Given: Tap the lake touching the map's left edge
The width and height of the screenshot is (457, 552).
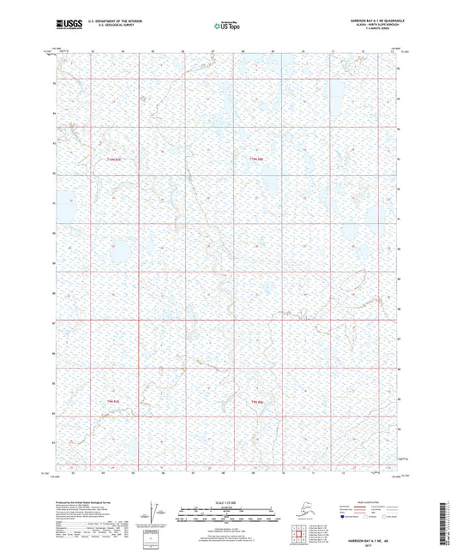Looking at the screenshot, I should (x=69, y=204).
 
